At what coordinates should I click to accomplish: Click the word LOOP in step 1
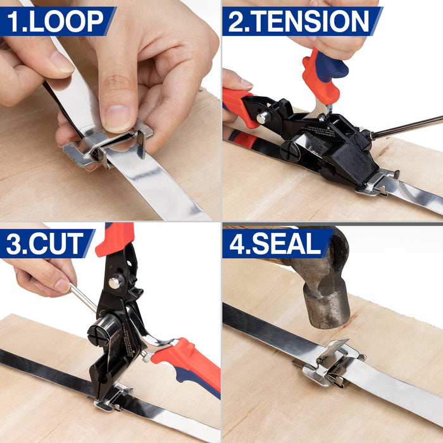point(66,22)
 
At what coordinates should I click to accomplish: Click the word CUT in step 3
point(56,243)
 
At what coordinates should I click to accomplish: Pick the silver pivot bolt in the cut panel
point(116,281)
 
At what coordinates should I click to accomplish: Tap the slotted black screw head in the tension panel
point(290,152)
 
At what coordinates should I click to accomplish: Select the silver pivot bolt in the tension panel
point(263,117)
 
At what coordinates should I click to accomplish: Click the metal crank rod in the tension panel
point(407,127)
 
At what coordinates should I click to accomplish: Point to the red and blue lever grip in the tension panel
point(325,75)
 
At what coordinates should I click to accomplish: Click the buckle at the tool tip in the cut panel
point(113,398)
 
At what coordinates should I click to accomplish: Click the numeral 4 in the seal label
point(236,243)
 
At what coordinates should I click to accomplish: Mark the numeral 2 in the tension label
point(235,22)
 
